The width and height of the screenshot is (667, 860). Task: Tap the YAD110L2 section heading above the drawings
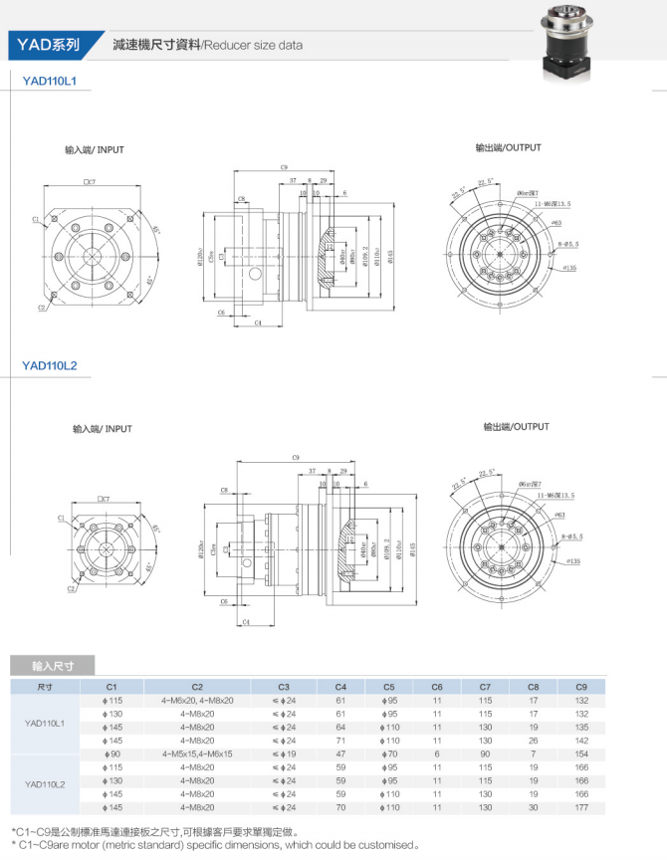[50, 365]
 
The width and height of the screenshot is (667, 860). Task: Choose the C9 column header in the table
[580, 687]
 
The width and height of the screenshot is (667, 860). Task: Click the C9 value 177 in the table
[580, 807]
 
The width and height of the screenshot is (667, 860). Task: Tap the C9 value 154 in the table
[580, 754]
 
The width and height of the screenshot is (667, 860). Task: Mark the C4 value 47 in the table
[340, 754]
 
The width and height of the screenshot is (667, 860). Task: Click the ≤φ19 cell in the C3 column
[284, 754]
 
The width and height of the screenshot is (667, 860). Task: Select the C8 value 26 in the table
[534, 741]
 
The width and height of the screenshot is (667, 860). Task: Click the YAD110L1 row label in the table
[44, 721]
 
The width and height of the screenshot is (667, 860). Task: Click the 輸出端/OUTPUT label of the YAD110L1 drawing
[508, 147]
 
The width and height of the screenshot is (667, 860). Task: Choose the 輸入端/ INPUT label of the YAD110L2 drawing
[102, 429]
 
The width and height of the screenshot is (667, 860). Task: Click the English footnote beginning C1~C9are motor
[215, 845]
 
